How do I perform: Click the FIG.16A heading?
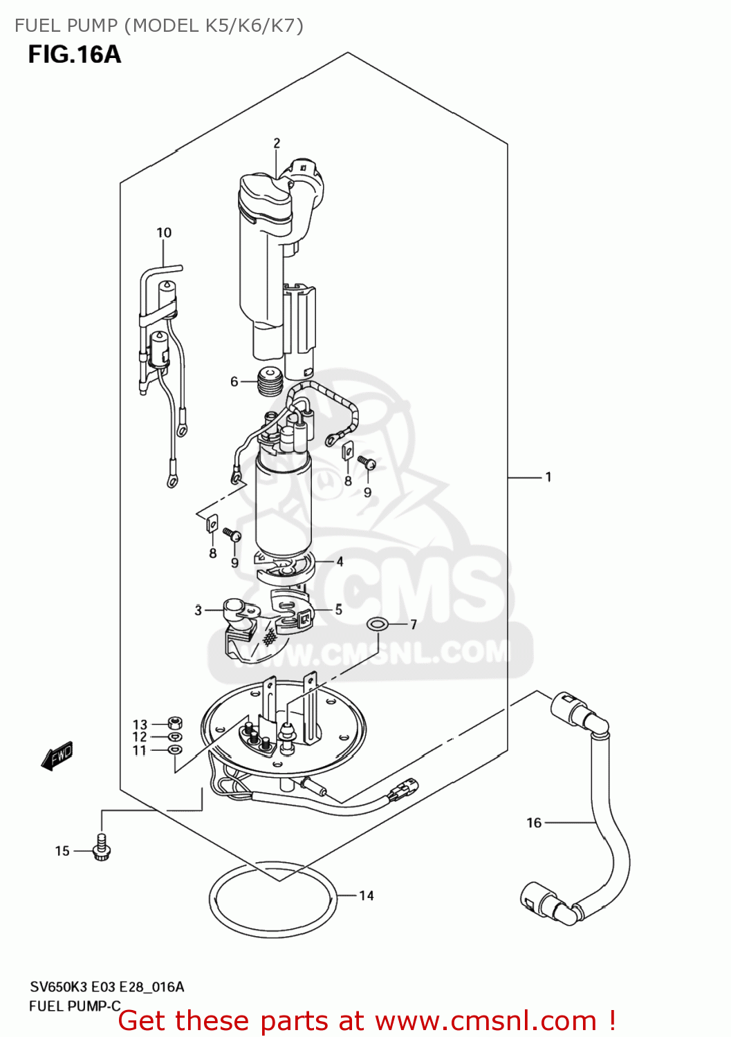(x=75, y=54)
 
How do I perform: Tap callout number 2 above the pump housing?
(x=277, y=143)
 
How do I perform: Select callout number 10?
(x=164, y=232)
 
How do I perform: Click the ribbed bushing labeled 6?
(x=270, y=382)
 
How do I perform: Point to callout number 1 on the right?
(x=548, y=477)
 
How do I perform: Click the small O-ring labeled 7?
(x=376, y=624)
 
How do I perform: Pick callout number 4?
(x=340, y=561)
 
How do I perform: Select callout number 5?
(x=339, y=609)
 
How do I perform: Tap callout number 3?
(x=198, y=610)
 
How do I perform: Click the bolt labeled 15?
(x=102, y=848)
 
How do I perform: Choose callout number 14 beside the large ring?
(x=367, y=895)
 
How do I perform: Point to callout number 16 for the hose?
(x=534, y=823)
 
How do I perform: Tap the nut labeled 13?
(x=175, y=724)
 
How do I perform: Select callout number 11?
(x=140, y=750)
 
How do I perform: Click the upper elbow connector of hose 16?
(x=580, y=713)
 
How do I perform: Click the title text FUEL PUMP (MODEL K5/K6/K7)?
(x=159, y=26)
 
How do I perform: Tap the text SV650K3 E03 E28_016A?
(x=107, y=987)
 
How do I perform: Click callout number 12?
(x=140, y=737)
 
